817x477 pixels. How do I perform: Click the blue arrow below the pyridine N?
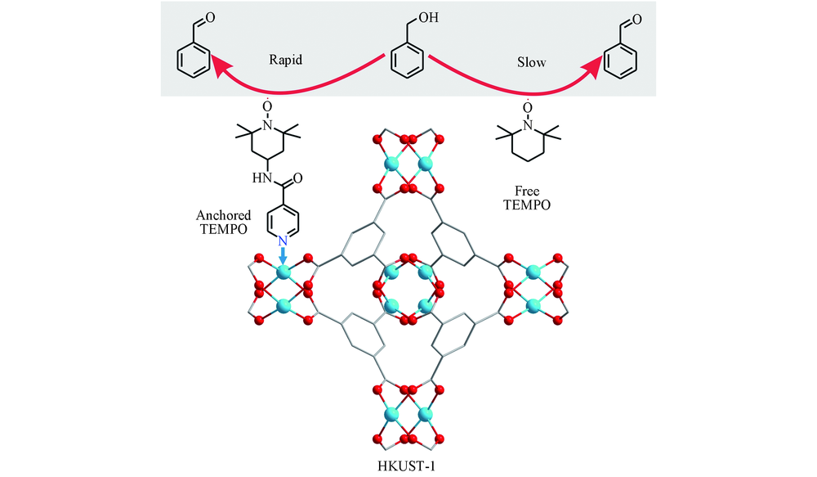click(283, 255)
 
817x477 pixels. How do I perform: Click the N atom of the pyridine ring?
click(283, 241)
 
